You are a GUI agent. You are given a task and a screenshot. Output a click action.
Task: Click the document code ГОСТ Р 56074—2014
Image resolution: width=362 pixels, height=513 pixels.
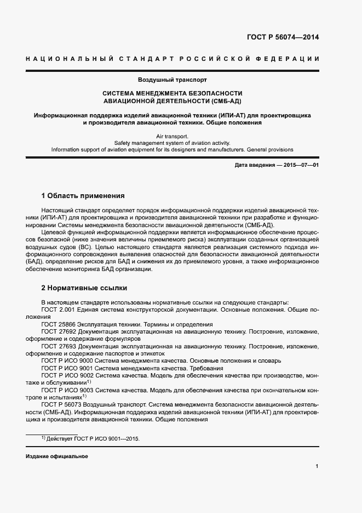284,38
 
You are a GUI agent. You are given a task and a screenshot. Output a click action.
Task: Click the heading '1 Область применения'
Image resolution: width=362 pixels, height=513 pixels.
83,195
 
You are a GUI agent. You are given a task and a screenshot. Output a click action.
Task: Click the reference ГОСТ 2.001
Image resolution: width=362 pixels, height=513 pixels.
59,310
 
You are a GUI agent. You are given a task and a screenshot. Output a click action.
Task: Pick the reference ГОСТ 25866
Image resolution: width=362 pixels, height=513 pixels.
60,324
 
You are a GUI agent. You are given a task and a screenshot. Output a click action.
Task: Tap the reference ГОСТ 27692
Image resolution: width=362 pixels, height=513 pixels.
60,332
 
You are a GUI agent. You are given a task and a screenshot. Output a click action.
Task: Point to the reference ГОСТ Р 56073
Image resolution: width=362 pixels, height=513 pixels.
62,404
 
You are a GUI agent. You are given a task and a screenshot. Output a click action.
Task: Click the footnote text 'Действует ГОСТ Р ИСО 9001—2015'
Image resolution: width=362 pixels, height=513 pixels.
96,439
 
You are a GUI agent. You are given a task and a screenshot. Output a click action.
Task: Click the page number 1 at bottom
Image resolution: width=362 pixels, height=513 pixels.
317,466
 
